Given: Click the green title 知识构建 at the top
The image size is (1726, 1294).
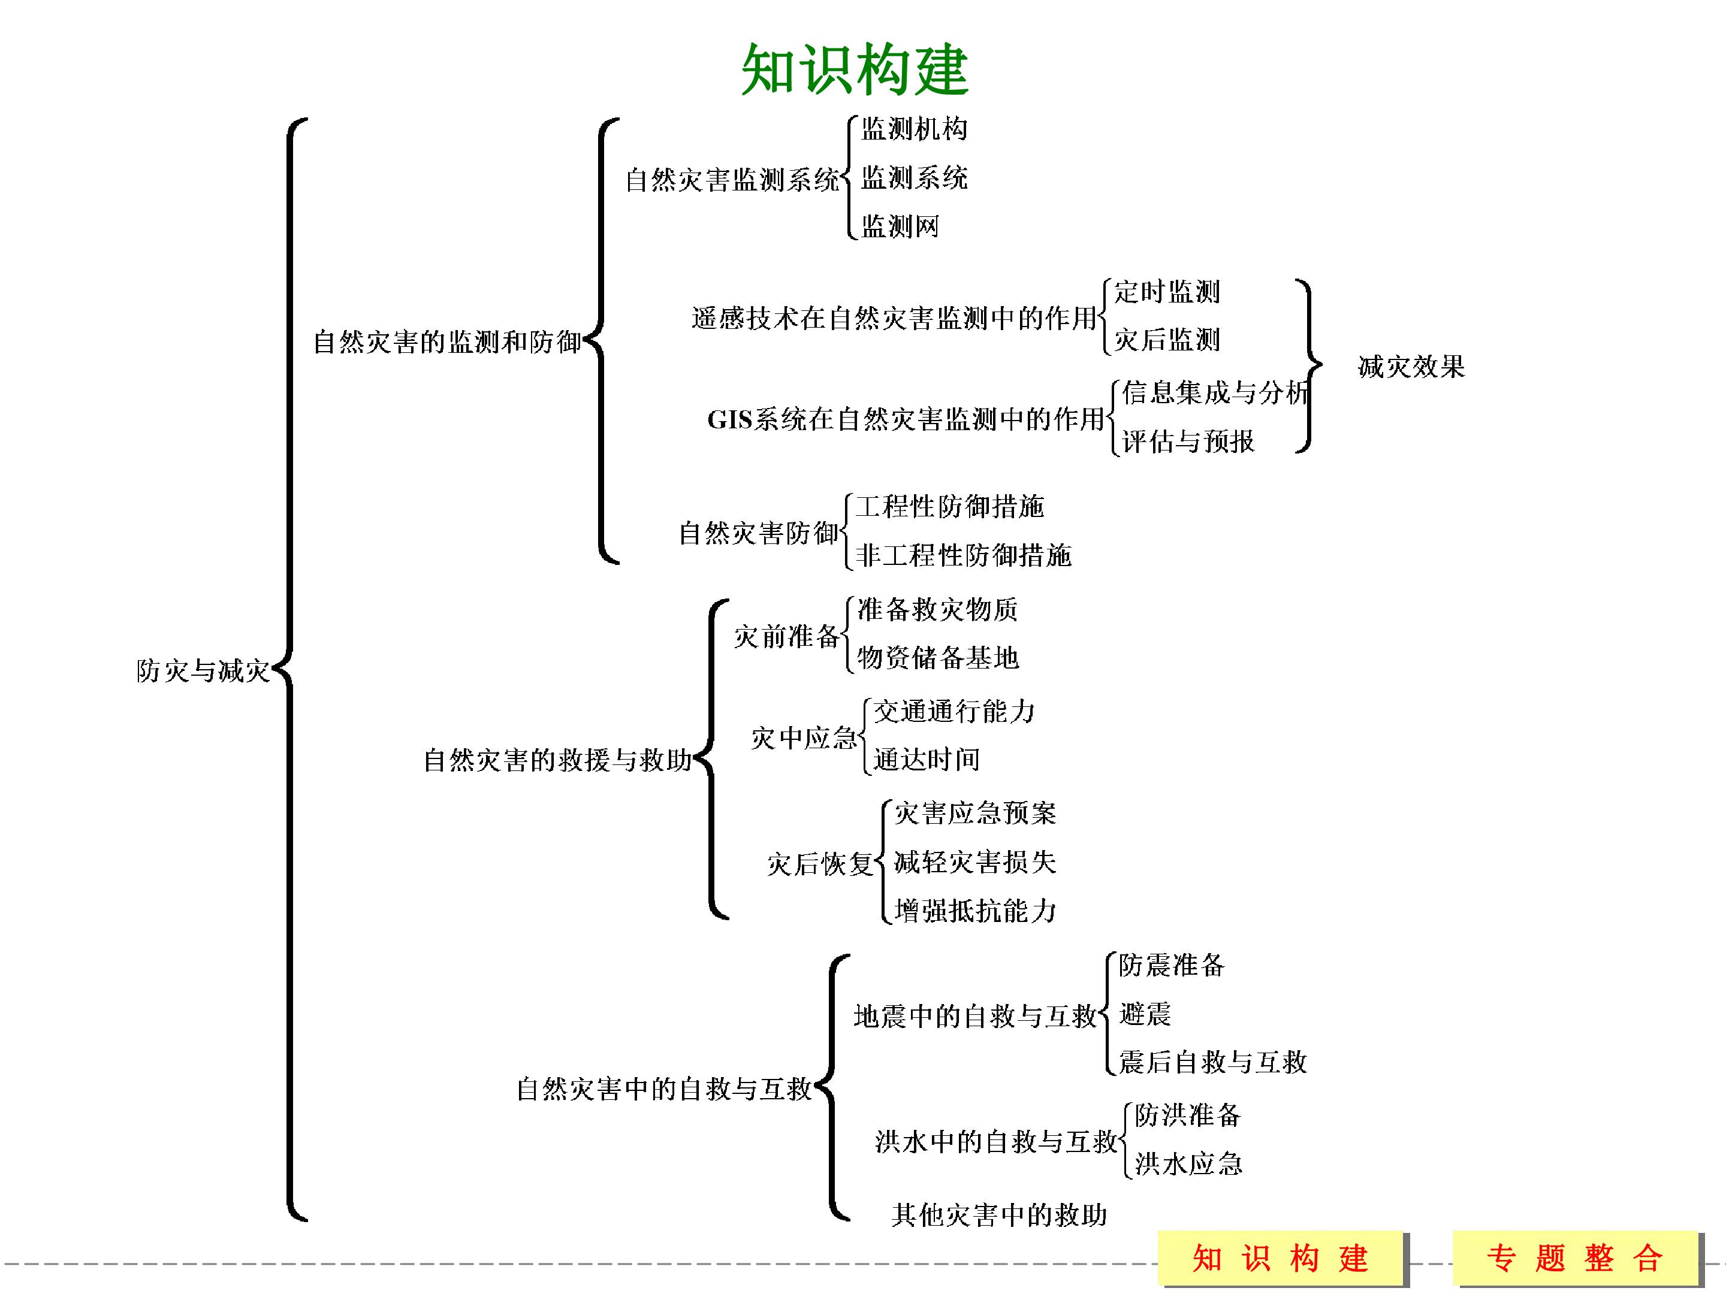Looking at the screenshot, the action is [x=855, y=69].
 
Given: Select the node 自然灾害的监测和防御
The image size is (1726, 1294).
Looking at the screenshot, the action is [x=447, y=341].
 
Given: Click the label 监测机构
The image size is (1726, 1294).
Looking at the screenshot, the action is [x=914, y=129].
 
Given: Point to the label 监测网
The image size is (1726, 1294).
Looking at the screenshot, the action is [x=900, y=226].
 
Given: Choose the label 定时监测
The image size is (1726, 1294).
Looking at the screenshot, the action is [x=1166, y=292].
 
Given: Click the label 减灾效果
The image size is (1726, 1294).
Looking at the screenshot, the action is [x=1411, y=367].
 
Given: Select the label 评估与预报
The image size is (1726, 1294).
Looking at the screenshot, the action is [x=1188, y=442].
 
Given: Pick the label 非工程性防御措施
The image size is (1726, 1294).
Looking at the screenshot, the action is [x=963, y=555].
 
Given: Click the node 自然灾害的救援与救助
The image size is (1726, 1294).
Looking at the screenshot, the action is [x=557, y=760].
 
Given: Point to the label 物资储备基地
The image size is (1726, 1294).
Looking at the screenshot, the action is [x=937, y=658].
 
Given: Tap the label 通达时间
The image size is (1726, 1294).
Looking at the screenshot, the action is [x=926, y=759].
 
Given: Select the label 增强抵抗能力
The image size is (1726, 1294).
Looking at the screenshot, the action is [x=974, y=910].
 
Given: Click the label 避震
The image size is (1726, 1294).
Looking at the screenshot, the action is [x=1145, y=1014].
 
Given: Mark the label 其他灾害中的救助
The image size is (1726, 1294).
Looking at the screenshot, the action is [x=999, y=1214].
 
